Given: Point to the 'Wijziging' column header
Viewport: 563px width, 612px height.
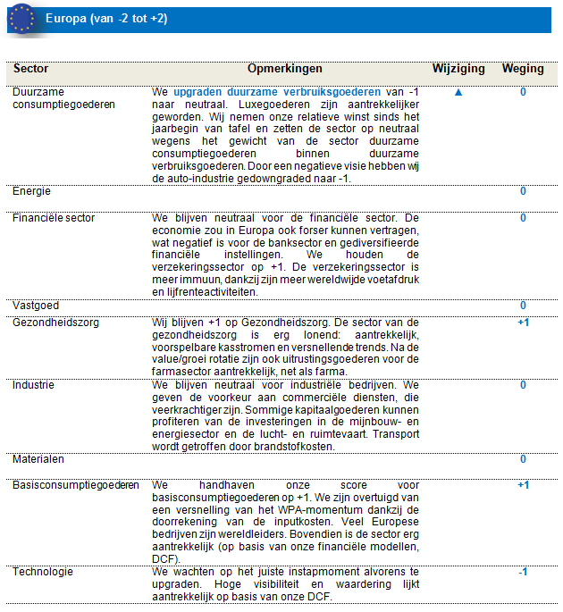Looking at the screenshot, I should coord(458,69).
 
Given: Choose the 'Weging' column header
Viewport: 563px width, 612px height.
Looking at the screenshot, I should coord(523,69).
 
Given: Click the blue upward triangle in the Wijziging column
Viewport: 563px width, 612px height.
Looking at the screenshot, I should coord(458,92).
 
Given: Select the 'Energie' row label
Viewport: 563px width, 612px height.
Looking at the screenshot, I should coord(31,191).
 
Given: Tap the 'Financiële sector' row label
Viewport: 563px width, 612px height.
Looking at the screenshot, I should coord(54,218).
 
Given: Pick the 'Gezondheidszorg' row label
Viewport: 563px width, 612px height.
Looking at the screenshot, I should coord(53,322).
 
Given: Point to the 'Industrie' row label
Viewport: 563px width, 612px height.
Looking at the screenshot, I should coord(33,385).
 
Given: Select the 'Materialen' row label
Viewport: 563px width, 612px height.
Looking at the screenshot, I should coord(38,459).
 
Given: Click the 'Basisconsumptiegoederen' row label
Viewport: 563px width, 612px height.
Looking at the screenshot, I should coord(76,485).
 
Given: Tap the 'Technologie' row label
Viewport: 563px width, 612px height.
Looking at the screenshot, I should coord(43,571).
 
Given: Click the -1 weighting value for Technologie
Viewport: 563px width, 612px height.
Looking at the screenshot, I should coord(523,572).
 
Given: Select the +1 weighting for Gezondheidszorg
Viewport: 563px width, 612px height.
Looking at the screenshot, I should coord(523,322).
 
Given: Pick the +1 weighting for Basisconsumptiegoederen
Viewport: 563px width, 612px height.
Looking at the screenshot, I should coord(523,485).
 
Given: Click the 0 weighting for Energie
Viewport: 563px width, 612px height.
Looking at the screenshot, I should coord(523,191).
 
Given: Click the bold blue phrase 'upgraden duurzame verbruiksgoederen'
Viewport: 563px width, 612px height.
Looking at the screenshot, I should coord(277,92).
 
